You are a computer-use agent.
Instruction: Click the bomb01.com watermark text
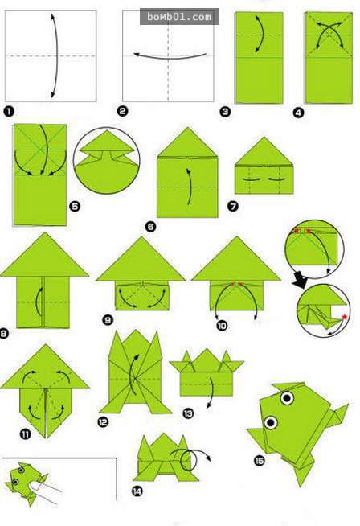tap(179, 17)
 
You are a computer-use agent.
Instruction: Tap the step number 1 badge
tap(9, 111)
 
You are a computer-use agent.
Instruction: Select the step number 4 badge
tap(298, 113)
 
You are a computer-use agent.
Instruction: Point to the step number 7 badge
tap(233, 206)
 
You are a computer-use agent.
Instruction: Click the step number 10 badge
tap(222, 325)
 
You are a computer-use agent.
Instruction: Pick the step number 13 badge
tap(188, 413)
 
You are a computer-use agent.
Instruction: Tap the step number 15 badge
tap(259, 461)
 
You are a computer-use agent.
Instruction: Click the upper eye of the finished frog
tap(287, 398)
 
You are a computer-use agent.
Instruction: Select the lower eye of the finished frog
tap(271, 422)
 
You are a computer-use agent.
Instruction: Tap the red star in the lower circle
tap(344, 317)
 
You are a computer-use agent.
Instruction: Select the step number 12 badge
tap(103, 421)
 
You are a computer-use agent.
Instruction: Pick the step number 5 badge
tap(75, 206)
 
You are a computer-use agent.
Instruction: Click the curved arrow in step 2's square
tap(170, 58)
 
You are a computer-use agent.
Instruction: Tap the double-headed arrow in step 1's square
tap(56, 55)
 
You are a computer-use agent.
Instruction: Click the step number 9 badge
tap(107, 320)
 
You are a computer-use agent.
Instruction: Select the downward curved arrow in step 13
tap(211, 392)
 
